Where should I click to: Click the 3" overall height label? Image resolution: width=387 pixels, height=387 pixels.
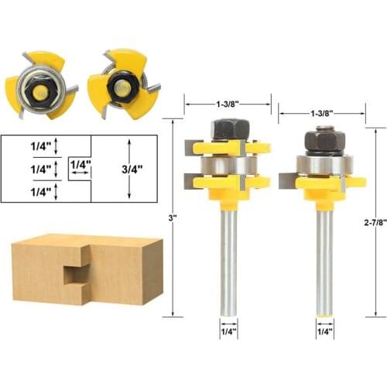[173, 217]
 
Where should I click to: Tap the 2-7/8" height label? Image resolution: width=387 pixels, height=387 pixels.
[375, 222]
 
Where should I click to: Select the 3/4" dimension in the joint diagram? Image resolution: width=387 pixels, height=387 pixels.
[132, 169]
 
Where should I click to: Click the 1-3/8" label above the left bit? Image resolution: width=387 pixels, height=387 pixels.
[227, 104]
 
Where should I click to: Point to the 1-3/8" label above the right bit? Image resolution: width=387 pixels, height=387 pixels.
[322, 113]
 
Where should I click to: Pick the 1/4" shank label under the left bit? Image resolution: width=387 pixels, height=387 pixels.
[229, 331]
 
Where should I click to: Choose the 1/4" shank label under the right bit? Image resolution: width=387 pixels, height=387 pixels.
[325, 331]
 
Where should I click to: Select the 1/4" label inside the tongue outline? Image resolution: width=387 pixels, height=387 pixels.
[80, 164]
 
